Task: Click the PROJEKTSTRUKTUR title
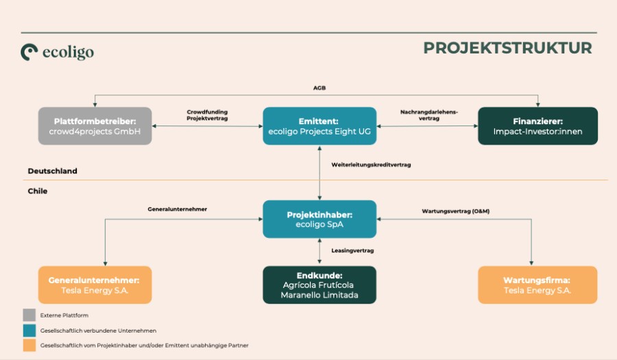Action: pyautogui.click(x=507, y=48)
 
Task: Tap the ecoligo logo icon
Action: pyautogui.click(x=29, y=52)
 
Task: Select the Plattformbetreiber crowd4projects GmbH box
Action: pyautogui.click(x=94, y=126)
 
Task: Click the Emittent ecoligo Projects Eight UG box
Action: pyautogui.click(x=319, y=126)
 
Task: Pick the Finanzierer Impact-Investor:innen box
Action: pyautogui.click(x=537, y=126)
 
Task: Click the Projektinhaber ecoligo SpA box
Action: pyautogui.click(x=319, y=219)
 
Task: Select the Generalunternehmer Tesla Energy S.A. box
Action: pyautogui.click(x=94, y=285)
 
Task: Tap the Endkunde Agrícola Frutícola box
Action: pyautogui.click(x=319, y=285)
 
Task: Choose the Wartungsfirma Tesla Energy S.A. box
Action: pyautogui.click(x=537, y=285)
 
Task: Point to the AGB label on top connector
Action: pyautogui.click(x=319, y=88)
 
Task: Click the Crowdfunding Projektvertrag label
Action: pyautogui.click(x=207, y=115)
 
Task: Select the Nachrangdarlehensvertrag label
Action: pyautogui.click(x=428, y=115)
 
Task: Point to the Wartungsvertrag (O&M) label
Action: pyautogui.click(x=455, y=210)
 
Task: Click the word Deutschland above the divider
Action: pyautogui.click(x=52, y=171)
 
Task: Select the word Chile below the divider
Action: pyautogui.click(x=38, y=191)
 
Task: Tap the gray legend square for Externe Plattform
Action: pyautogui.click(x=29, y=315)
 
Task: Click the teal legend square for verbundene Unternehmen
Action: pyautogui.click(x=29, y=330)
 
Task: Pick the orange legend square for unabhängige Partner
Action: pyautogui.click(x=29, y=345)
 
